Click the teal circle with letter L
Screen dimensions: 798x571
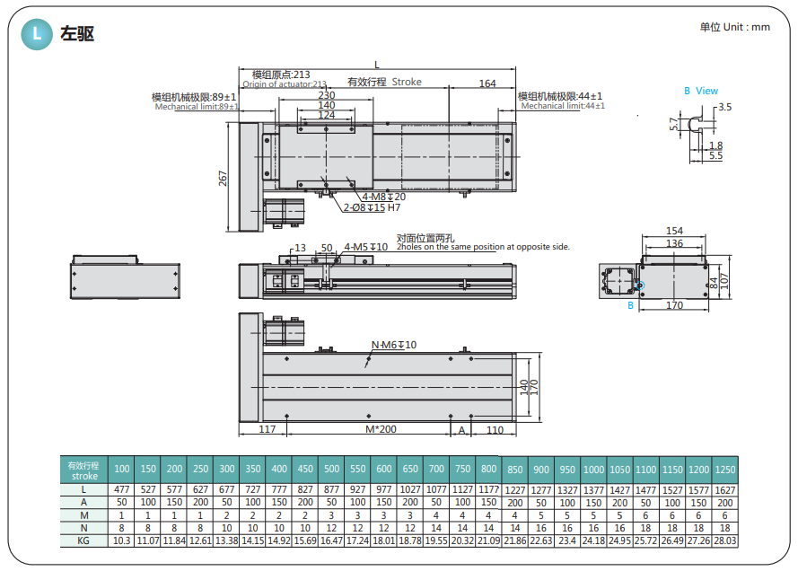tap(37, 34)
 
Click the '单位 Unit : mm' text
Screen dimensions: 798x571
tap(734, 27)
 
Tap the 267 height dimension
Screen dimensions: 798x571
tap(223, 178)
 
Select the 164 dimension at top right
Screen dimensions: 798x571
tap(487, 83)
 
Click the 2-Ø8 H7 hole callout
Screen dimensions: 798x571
tap(372, 207)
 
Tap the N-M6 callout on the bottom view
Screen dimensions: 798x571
tap(394, 345)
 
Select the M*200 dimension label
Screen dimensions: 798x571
tap(381, 429)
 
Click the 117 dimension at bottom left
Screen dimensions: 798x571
tap(267, 429)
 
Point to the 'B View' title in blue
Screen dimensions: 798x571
tap(701, 91)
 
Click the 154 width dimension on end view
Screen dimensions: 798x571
tap(674, 231)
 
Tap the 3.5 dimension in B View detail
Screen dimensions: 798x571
tap(725, 107)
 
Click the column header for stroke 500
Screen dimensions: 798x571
tap(331, 469)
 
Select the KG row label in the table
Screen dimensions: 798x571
tap(83, 540)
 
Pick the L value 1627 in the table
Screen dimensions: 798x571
tap(724, 490)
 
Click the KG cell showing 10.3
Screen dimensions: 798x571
tap(122, 540)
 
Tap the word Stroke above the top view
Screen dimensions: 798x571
tap(407, 82)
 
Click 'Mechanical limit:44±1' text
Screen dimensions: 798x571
tap(563, 106)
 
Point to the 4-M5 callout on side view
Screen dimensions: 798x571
tap(366, 247)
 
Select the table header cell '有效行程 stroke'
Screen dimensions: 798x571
tap(84, 470)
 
